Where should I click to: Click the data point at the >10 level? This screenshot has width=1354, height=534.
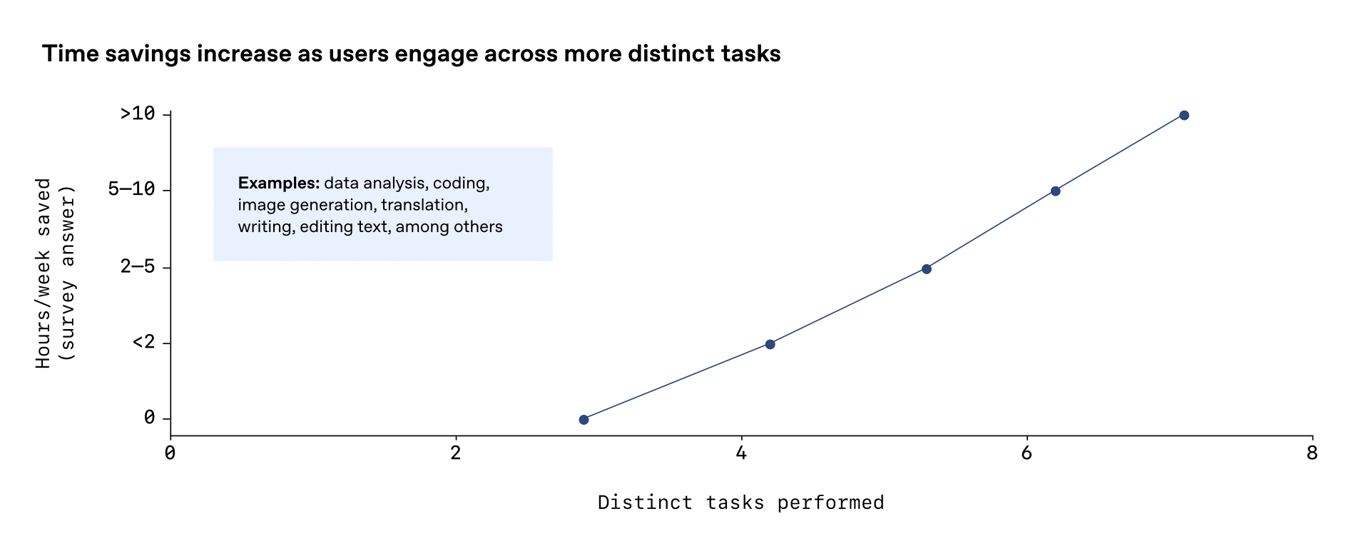pyautogui.click(x=1184, y=115)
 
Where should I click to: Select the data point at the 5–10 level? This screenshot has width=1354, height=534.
pyautogui.click(x=1055, y=191)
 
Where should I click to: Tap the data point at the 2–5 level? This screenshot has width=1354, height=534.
pyautogui.click(x=926, y=268)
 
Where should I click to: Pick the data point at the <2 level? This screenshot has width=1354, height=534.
pyautogui.click(x=770, y=344)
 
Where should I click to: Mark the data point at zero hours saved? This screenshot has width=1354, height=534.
pyautogui.click(x=584, y=419)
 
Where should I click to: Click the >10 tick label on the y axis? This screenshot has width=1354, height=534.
pyautogui.click(x=138, y=114)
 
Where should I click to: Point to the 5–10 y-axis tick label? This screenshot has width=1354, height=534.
pyautogui.click(x=132, y=189)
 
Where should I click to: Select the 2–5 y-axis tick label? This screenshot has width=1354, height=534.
pyautogui.click(x=138, y=267)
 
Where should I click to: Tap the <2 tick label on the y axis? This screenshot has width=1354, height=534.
pyautogui.click(x=143, y=343)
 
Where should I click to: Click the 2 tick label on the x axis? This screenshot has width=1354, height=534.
pyautogui.click(x=456, y=453)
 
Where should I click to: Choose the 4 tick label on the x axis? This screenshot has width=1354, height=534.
pyautogui.click(x=741, y=453)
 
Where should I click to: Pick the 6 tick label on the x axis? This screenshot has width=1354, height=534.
pyautogui.click(x=1027, y=453)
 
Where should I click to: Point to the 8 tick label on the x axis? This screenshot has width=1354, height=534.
pyautogui.click(x=1312, y=453)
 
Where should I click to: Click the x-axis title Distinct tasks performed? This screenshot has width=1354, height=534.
pyautogui.click(x=741, y=503)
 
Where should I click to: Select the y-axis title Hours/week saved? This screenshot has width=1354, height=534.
pyautogui.click(x=44, y=273)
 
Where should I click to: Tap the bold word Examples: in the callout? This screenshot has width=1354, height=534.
pyautogui.click(x=279, y=183)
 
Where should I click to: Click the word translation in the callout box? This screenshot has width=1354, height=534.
pyautogui.click(x=424, y=205)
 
